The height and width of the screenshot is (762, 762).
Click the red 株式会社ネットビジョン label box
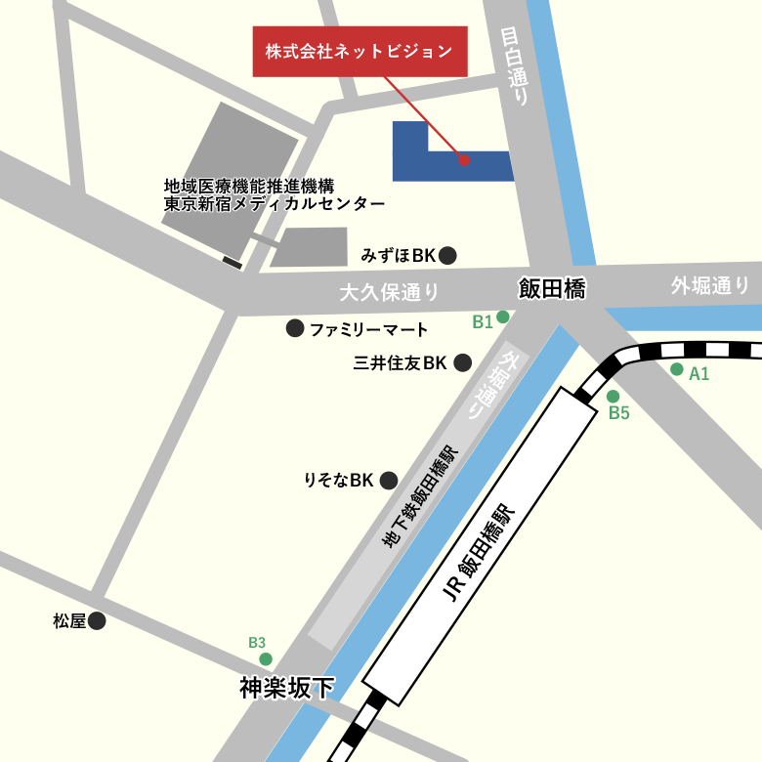pyautogui.click(x=360, y=50)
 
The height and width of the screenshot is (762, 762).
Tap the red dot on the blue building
pyautogui.click(x=464, y=159)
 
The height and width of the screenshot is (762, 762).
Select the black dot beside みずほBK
pyautogui.click(x=447, y=256)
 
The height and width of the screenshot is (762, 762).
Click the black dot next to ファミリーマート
pyautogui.click(x=295, y=329)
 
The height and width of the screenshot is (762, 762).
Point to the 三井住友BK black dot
pyautogui.click(x=463, y=363)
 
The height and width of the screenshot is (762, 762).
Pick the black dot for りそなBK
pyautogui.click(x=389, y=480)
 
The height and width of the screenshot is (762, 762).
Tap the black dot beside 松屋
pyautogui.click(x=96, y=620)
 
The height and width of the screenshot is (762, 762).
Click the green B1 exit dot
pyautogui.click(x=503, y=317)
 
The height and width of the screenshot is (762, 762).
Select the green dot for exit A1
pyautogui.click(x=676, y=369)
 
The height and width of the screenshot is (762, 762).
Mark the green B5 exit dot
pyautogui.click(x=614, y=397)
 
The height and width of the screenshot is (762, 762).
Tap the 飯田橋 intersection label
pyautogui.click(x=551, y=288)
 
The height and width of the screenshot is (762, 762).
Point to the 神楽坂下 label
pyautogui.click(x=287, y=688)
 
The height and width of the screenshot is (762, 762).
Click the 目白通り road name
pyautogui.click(x=514, y=67)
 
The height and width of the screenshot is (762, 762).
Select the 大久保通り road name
pyautogui.click(x=389, y=291)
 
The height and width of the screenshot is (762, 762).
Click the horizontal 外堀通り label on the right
pyautogui.click(x=710, y=285)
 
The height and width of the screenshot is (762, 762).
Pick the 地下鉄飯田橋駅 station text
pyautogui.click(x=419, y=497)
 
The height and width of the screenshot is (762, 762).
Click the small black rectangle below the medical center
pyautogui.click(x=233, y=262)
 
